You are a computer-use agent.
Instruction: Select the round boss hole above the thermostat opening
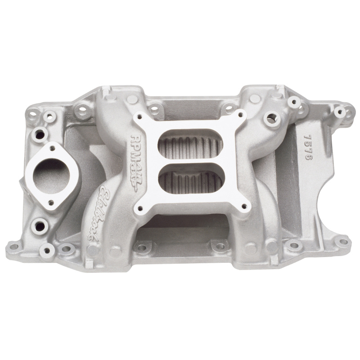tap(39, 134)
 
